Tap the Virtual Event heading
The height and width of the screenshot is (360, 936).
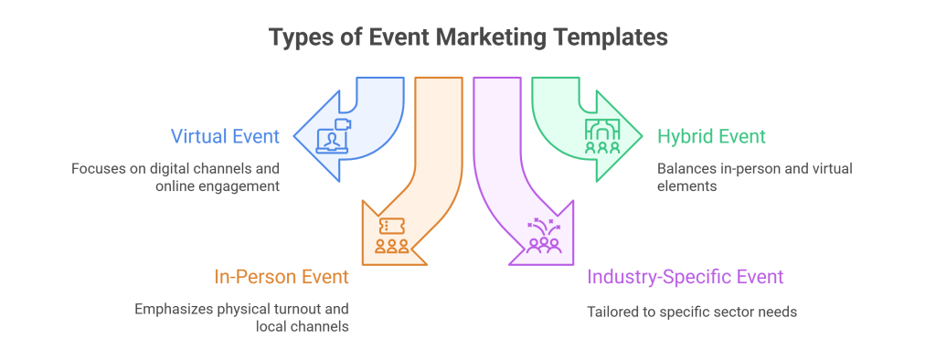coord(225,138)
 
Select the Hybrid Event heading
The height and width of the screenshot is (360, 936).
coord(711,138)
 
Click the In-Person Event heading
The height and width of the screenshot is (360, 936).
coord(281,276)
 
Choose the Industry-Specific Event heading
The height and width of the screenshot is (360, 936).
coord(685,276)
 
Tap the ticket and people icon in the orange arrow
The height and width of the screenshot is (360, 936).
coord(390,235)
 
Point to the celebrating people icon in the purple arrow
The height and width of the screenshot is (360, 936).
coord(544,237)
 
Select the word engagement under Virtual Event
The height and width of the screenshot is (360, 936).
coord(241,186)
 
